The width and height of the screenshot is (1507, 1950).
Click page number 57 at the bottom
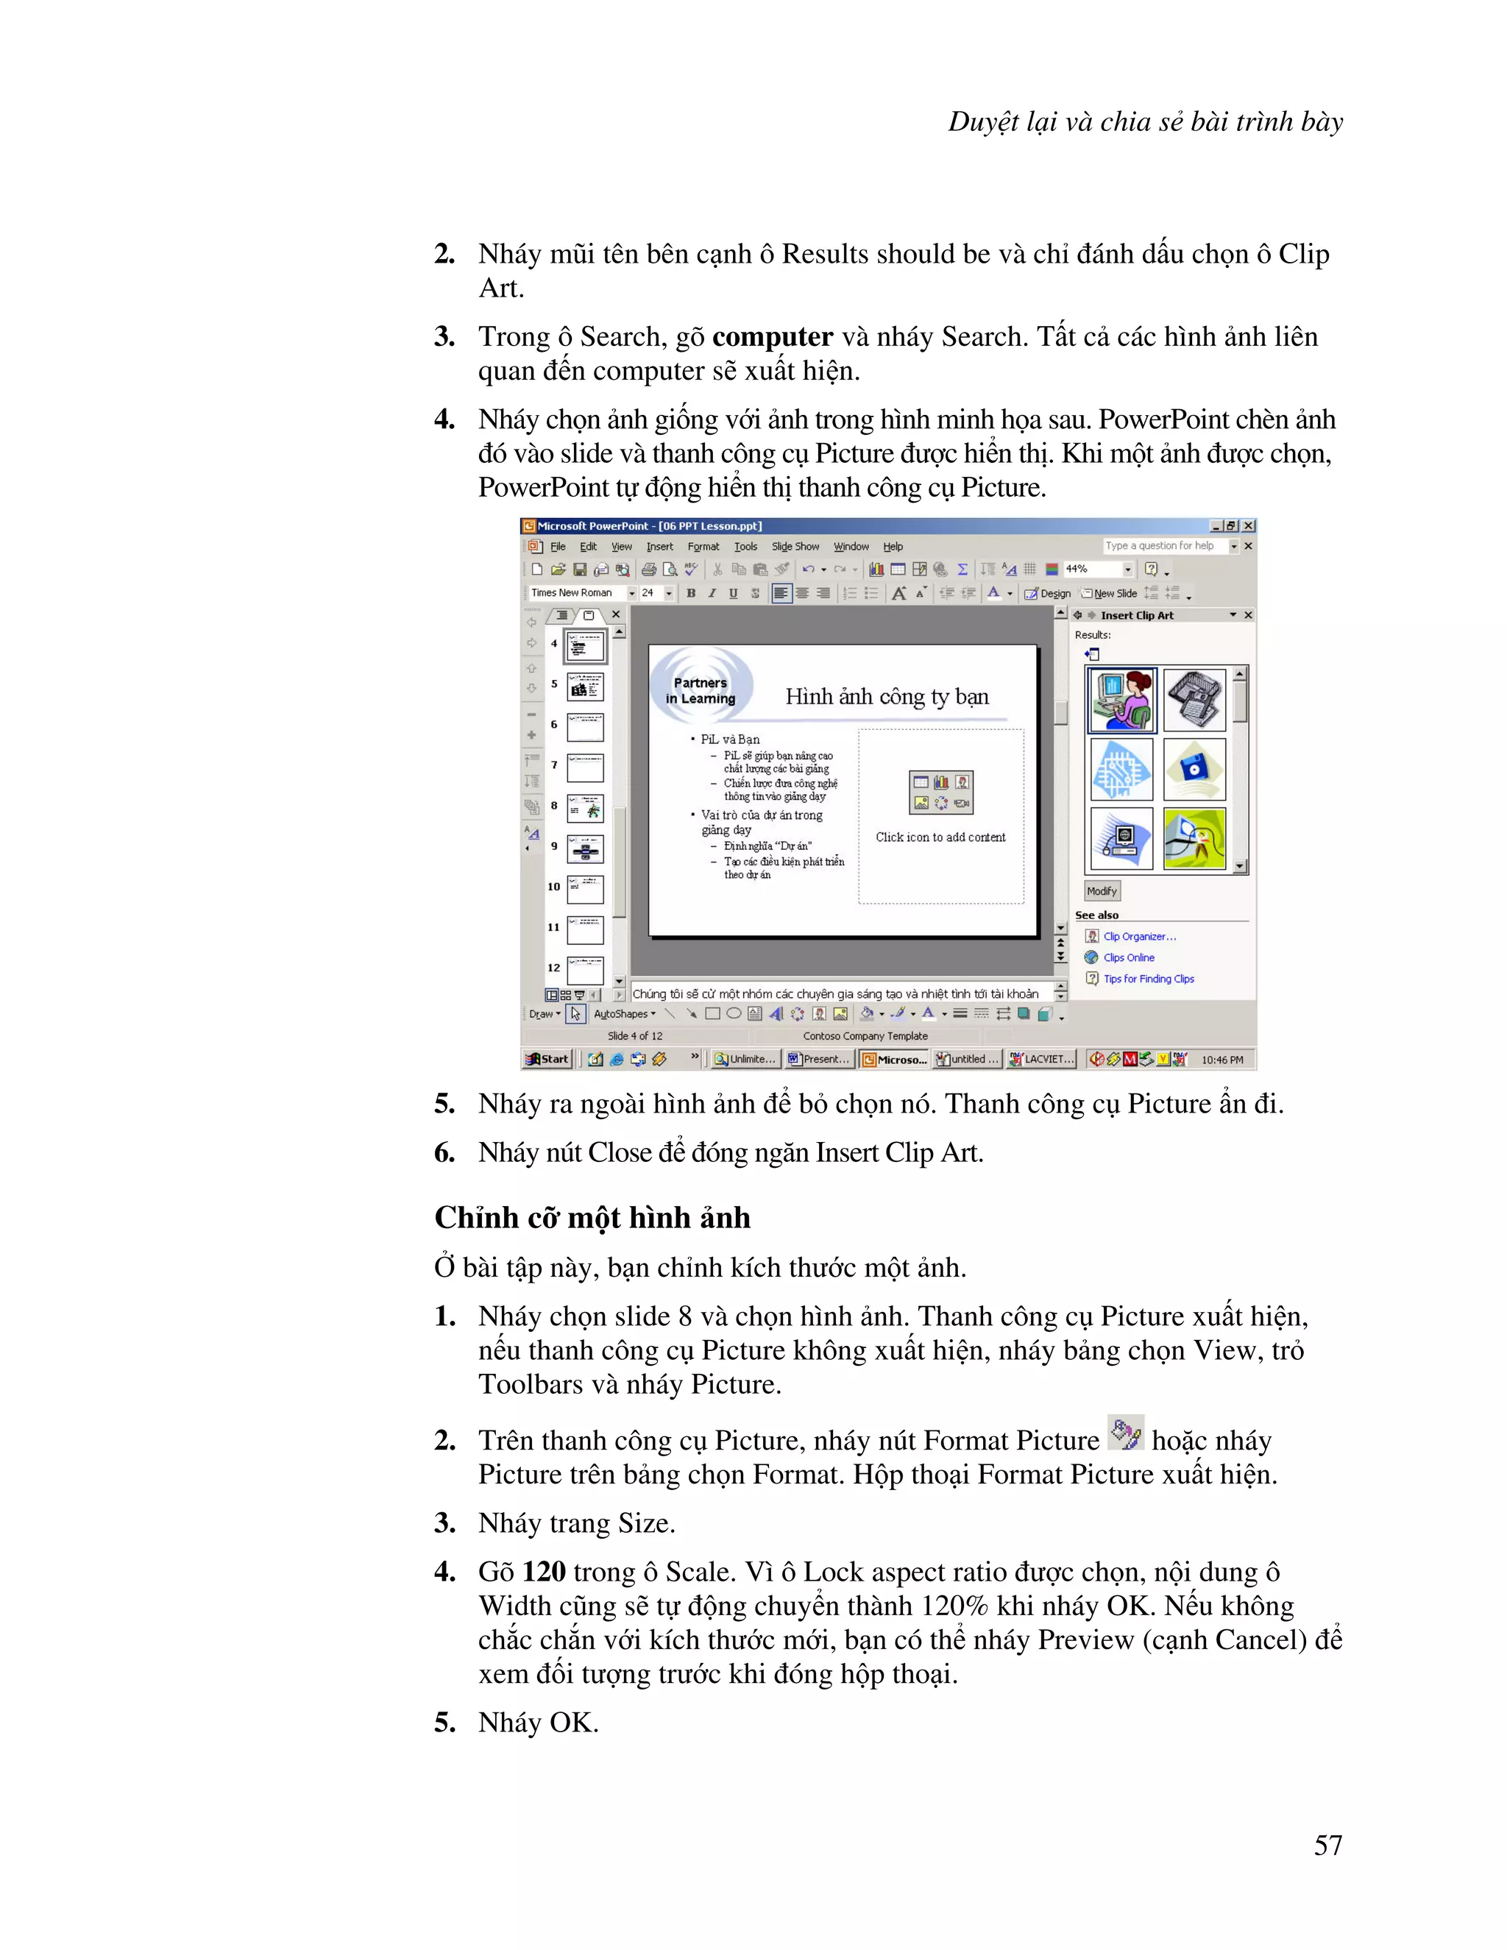point(1327,1845)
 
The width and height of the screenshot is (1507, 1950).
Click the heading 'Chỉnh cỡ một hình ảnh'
point(592,1218)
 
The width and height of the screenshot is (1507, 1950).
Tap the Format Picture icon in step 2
point(1125,1433)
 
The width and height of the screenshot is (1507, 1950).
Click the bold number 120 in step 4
point(544,1572)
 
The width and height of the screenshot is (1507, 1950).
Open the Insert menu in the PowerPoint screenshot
point(660,547)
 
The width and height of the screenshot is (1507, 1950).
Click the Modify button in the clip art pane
point(1102,891)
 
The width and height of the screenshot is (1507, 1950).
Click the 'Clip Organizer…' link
point(1139,937)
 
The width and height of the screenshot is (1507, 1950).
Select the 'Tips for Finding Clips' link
point(1148,979)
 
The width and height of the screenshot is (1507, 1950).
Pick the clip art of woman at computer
point(1121,700)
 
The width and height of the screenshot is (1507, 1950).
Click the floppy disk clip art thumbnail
point(1194,769)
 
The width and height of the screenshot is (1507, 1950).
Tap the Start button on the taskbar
point(547,1059)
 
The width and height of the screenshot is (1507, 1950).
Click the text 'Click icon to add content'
point(940,837)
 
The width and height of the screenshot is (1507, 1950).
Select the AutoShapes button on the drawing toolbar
point(624,1014)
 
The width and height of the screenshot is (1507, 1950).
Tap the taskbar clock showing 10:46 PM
point(1221,1060)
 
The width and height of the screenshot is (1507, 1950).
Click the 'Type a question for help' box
point(1161,545)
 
